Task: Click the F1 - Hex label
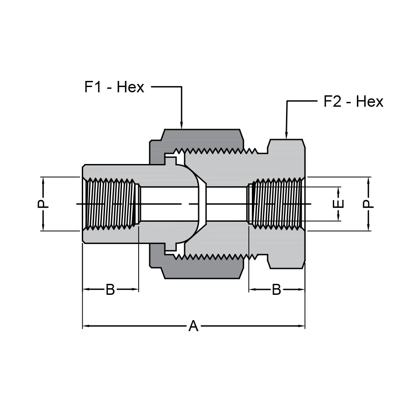[x=114, y=87]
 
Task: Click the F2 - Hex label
[x=353, y=101]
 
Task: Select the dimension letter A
[x=193, y=326]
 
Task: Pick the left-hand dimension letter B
[x=110, y=289]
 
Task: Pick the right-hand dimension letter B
[x=276, y=289]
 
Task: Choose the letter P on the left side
[x=43, y=204]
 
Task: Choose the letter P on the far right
[x=368, y=204]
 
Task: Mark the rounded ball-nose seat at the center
[x=197, y=204]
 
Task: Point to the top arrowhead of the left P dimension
[x=43, y=180]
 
